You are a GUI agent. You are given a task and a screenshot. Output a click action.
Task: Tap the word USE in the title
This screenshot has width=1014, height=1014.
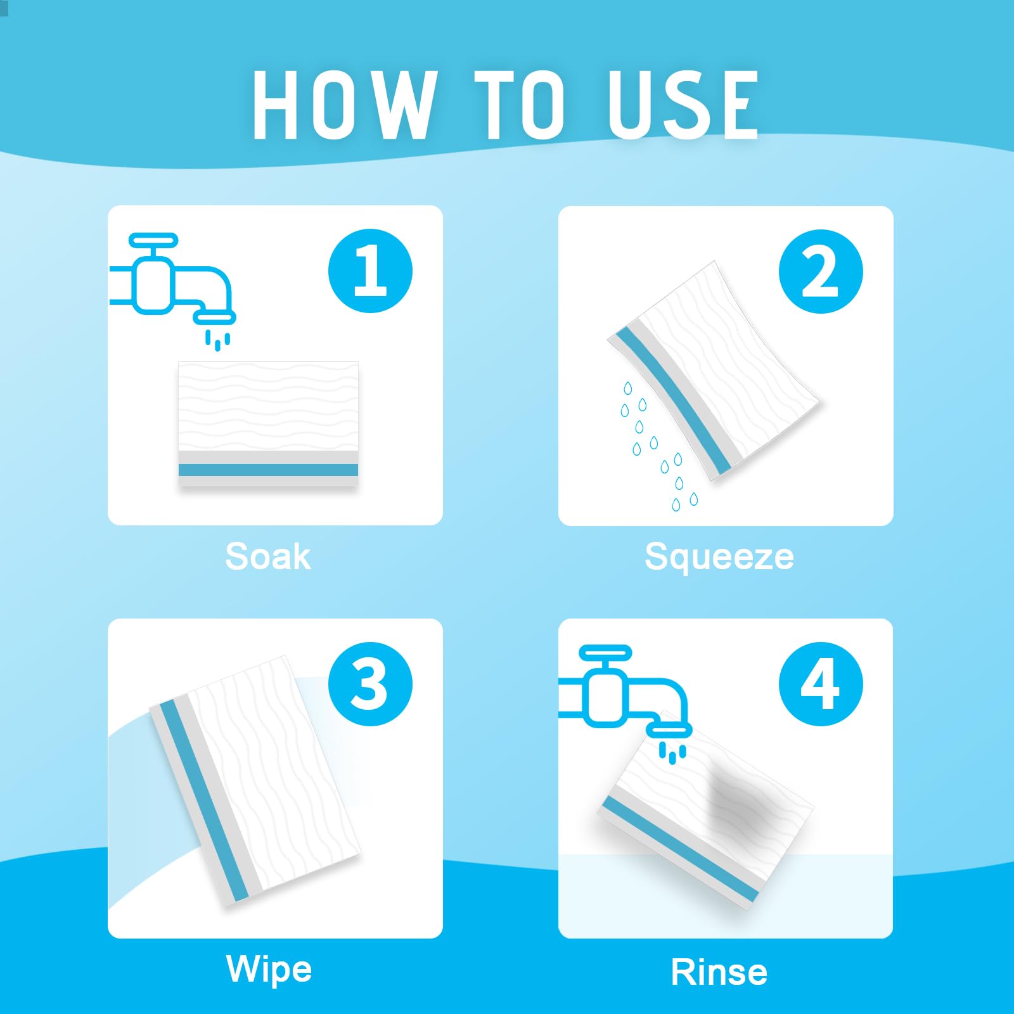point(683,104)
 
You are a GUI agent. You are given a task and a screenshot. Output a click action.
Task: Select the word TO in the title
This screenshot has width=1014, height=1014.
point(519,104)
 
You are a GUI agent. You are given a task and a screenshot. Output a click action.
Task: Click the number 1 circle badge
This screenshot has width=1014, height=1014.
point(370,271)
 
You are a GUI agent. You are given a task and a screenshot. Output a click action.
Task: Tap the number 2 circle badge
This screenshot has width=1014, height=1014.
point(821,271)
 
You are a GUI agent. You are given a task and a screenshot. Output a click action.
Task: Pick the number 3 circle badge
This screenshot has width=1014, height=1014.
point(370,684)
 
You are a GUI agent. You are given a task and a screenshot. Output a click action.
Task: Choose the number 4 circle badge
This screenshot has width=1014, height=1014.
point(821,684)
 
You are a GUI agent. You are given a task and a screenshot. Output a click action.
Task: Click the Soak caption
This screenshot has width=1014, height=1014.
point(268,556)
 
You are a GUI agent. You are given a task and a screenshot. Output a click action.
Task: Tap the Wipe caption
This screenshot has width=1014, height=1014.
point(269,970)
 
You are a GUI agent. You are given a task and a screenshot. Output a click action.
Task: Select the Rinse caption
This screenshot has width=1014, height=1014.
point(719,972)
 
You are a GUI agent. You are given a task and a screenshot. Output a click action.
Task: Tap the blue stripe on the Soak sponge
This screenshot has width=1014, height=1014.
point(268,470)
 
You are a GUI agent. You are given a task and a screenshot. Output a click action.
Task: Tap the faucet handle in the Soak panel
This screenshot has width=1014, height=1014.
point(153,240)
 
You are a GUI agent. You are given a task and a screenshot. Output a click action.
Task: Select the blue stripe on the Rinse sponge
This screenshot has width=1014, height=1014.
point(679,849)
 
